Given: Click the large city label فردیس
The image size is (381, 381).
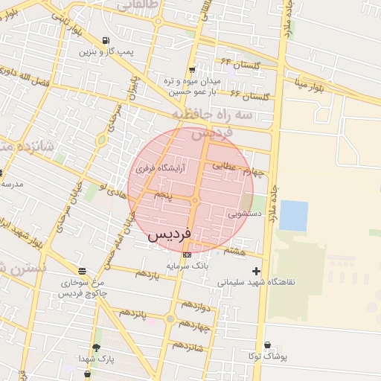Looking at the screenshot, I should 169,234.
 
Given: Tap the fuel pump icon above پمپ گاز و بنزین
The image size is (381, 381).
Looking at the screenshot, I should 107,40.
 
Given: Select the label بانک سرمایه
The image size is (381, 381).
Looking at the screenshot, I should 188,266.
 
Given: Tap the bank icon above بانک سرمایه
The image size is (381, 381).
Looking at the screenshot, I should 186,255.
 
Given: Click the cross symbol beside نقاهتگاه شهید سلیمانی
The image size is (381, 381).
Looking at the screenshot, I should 257,271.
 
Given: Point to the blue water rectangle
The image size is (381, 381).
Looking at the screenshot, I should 293,216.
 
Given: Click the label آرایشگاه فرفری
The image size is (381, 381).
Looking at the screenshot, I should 160,170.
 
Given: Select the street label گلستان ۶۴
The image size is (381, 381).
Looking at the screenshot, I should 237,65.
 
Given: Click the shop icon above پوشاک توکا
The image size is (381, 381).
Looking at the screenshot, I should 267,345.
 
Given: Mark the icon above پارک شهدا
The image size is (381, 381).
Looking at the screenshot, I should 96,348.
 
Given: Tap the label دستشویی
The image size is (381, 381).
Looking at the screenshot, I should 244,213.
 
